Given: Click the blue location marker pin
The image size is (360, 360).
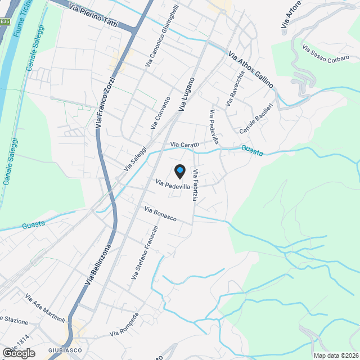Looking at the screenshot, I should [x=179, y=170].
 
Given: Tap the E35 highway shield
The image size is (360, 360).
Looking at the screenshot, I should [x=4, y=21].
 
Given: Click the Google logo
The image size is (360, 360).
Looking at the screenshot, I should [x=18, y=353].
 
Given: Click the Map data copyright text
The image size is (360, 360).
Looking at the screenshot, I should [x=336, y=355].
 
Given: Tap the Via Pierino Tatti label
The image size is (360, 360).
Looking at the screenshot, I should [x=93, y=15].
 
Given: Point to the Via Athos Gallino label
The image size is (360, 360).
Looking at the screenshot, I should [x=251, y=70].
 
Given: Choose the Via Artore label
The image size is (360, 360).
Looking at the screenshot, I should [x=291, y=15].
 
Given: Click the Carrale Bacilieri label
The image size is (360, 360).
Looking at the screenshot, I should [x=256, y=119].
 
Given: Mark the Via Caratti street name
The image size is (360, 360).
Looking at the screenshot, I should [x=185, y=145].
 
